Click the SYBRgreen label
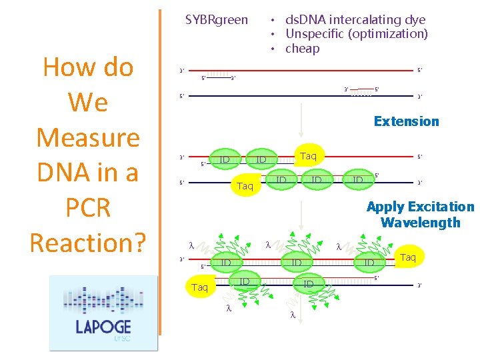pyautogui.click(x=216, y=20)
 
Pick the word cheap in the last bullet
pyautogui.click(x=302, y=49)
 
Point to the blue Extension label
pyautogui.click(x=406, y=121)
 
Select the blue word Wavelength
pyautogui.click(x=420, y=223)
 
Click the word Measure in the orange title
pyautogui.click(x=88, y=137)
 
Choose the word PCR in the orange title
pyautogui.click(x=88, y=207)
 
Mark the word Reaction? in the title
pyautogui.click(x=88, y=242)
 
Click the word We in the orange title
pyautogui.click(x=88, y=103)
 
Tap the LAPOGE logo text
pyautogui.click(x=103, y=327)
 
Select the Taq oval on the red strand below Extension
pyautogui.click(x=308, y=156)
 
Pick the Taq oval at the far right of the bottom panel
pyautogui.click(x=407, y=257)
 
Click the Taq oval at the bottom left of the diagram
pyautogui.click(x=199, y=287)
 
